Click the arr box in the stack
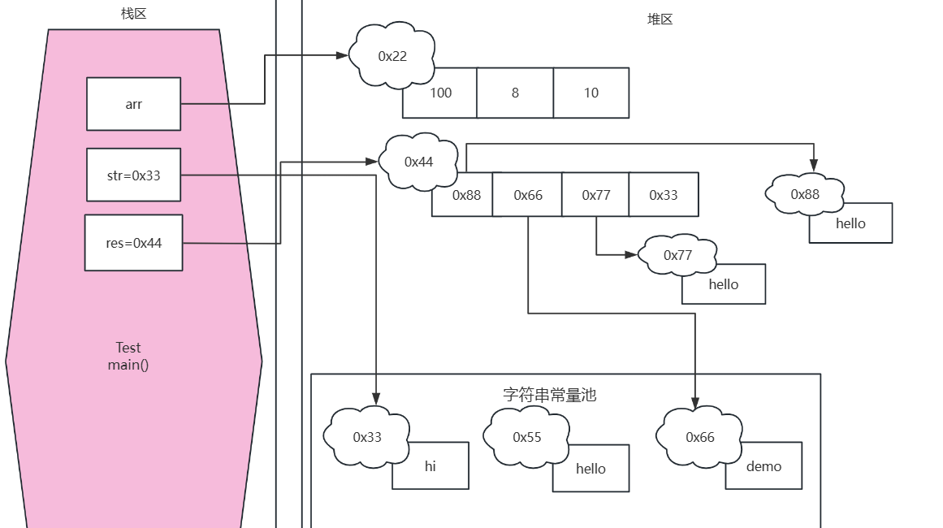click(133, 104)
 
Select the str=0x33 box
click(133, 175)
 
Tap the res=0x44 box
click(133, 243)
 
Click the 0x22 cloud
click(392, 56)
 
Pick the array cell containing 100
click(440, 93)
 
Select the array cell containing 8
click(515, 93)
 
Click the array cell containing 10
click(590, 93)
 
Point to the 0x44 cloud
click(418, 162)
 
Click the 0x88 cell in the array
click(467, 196)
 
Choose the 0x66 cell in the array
click(528, 195)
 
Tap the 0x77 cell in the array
click(595, 195)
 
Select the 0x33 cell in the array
click(663, 195)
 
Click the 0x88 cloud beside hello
click(804, 194)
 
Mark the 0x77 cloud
click(677, 255)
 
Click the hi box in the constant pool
click(430, 466)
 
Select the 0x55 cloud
click(526, 437)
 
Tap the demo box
click(763, 466)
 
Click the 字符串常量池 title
click(549, 395)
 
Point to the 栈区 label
click(133, 13)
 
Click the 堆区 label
click(660, 19)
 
